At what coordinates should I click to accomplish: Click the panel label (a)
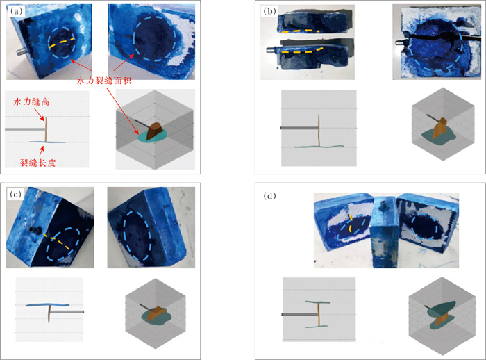(x=16, y=12)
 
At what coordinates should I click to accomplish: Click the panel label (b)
(x=269, y=12)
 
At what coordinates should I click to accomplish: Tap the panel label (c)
(x=15, y=194)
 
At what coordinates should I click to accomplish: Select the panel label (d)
(x=269, y=196)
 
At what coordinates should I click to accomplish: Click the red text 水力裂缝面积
(x=104, y=81)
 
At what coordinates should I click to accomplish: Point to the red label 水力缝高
(x=31, y=101)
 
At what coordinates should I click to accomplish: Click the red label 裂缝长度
(x=37, y=163)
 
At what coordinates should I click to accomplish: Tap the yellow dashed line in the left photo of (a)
(x=62, y=42)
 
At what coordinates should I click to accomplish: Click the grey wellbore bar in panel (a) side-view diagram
(x=25, y=129)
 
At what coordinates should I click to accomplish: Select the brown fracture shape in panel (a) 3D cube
(x=155, y=131)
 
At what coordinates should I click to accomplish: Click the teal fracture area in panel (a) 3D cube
(x=152, y=136)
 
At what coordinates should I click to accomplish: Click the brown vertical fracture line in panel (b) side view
(x=319, y=131)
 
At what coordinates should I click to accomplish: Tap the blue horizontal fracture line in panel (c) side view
(x=47, y=305)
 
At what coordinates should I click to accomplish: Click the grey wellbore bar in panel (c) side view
(x=67, y=311)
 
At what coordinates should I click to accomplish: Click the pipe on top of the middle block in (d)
(x=384, y=205)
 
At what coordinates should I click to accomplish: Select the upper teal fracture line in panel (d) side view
(x=318, y=302)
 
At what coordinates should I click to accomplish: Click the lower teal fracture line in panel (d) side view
(x=317, y=327)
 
